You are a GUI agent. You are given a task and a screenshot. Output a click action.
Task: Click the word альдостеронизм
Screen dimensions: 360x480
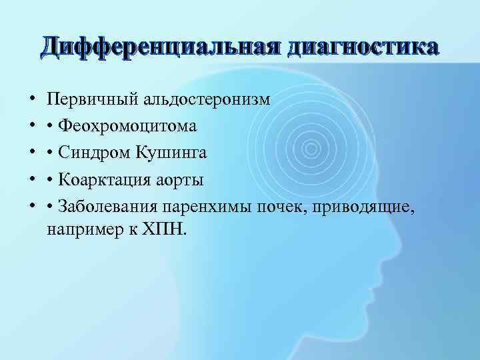(x=204, y=100)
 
